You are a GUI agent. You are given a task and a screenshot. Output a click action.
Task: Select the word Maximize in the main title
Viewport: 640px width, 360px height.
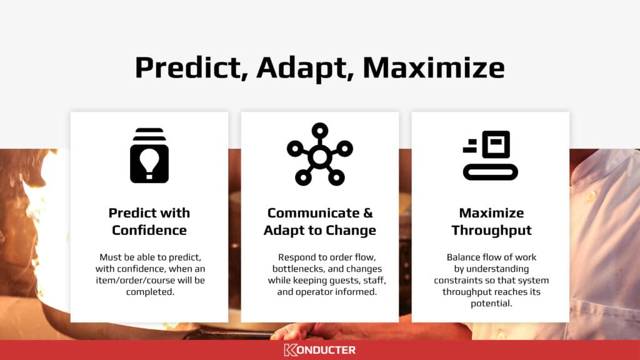(434, 67)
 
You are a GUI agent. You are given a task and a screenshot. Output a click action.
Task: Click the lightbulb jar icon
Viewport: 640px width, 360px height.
(149, 156)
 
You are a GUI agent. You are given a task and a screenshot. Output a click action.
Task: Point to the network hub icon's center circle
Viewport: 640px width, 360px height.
(319, 157)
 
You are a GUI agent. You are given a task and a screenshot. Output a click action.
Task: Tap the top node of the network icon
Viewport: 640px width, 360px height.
(319, 131)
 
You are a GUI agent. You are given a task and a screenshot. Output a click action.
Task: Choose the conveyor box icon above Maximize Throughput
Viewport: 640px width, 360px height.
(490, 156)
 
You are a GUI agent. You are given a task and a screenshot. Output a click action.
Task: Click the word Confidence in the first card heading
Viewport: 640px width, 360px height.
(149, 230)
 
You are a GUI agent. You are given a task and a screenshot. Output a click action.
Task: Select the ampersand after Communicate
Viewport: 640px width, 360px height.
(367, 212)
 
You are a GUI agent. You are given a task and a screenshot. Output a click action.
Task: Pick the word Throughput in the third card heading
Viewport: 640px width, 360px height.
(491, 231)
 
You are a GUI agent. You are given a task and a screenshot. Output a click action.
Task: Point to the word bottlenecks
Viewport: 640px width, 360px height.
(298, 269)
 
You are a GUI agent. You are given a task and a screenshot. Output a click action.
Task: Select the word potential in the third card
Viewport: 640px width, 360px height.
(491, 304)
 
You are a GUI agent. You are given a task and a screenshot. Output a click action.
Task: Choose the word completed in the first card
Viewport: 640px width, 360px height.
(150, 292)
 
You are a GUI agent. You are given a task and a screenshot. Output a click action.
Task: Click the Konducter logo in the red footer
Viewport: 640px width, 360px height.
(320, 350)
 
